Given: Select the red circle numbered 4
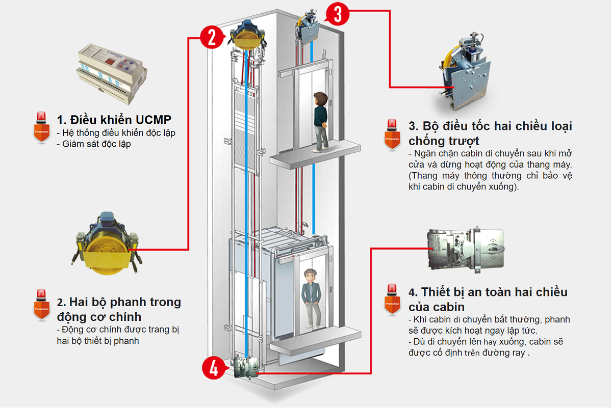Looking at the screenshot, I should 213,368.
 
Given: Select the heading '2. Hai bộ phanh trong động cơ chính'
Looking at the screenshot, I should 118,309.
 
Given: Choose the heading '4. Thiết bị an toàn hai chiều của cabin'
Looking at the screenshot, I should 488,299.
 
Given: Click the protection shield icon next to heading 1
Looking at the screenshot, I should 41,127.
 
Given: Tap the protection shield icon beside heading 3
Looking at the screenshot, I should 392,134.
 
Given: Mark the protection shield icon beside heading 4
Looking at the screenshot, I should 392,299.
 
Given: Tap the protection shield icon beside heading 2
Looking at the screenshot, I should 41,304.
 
